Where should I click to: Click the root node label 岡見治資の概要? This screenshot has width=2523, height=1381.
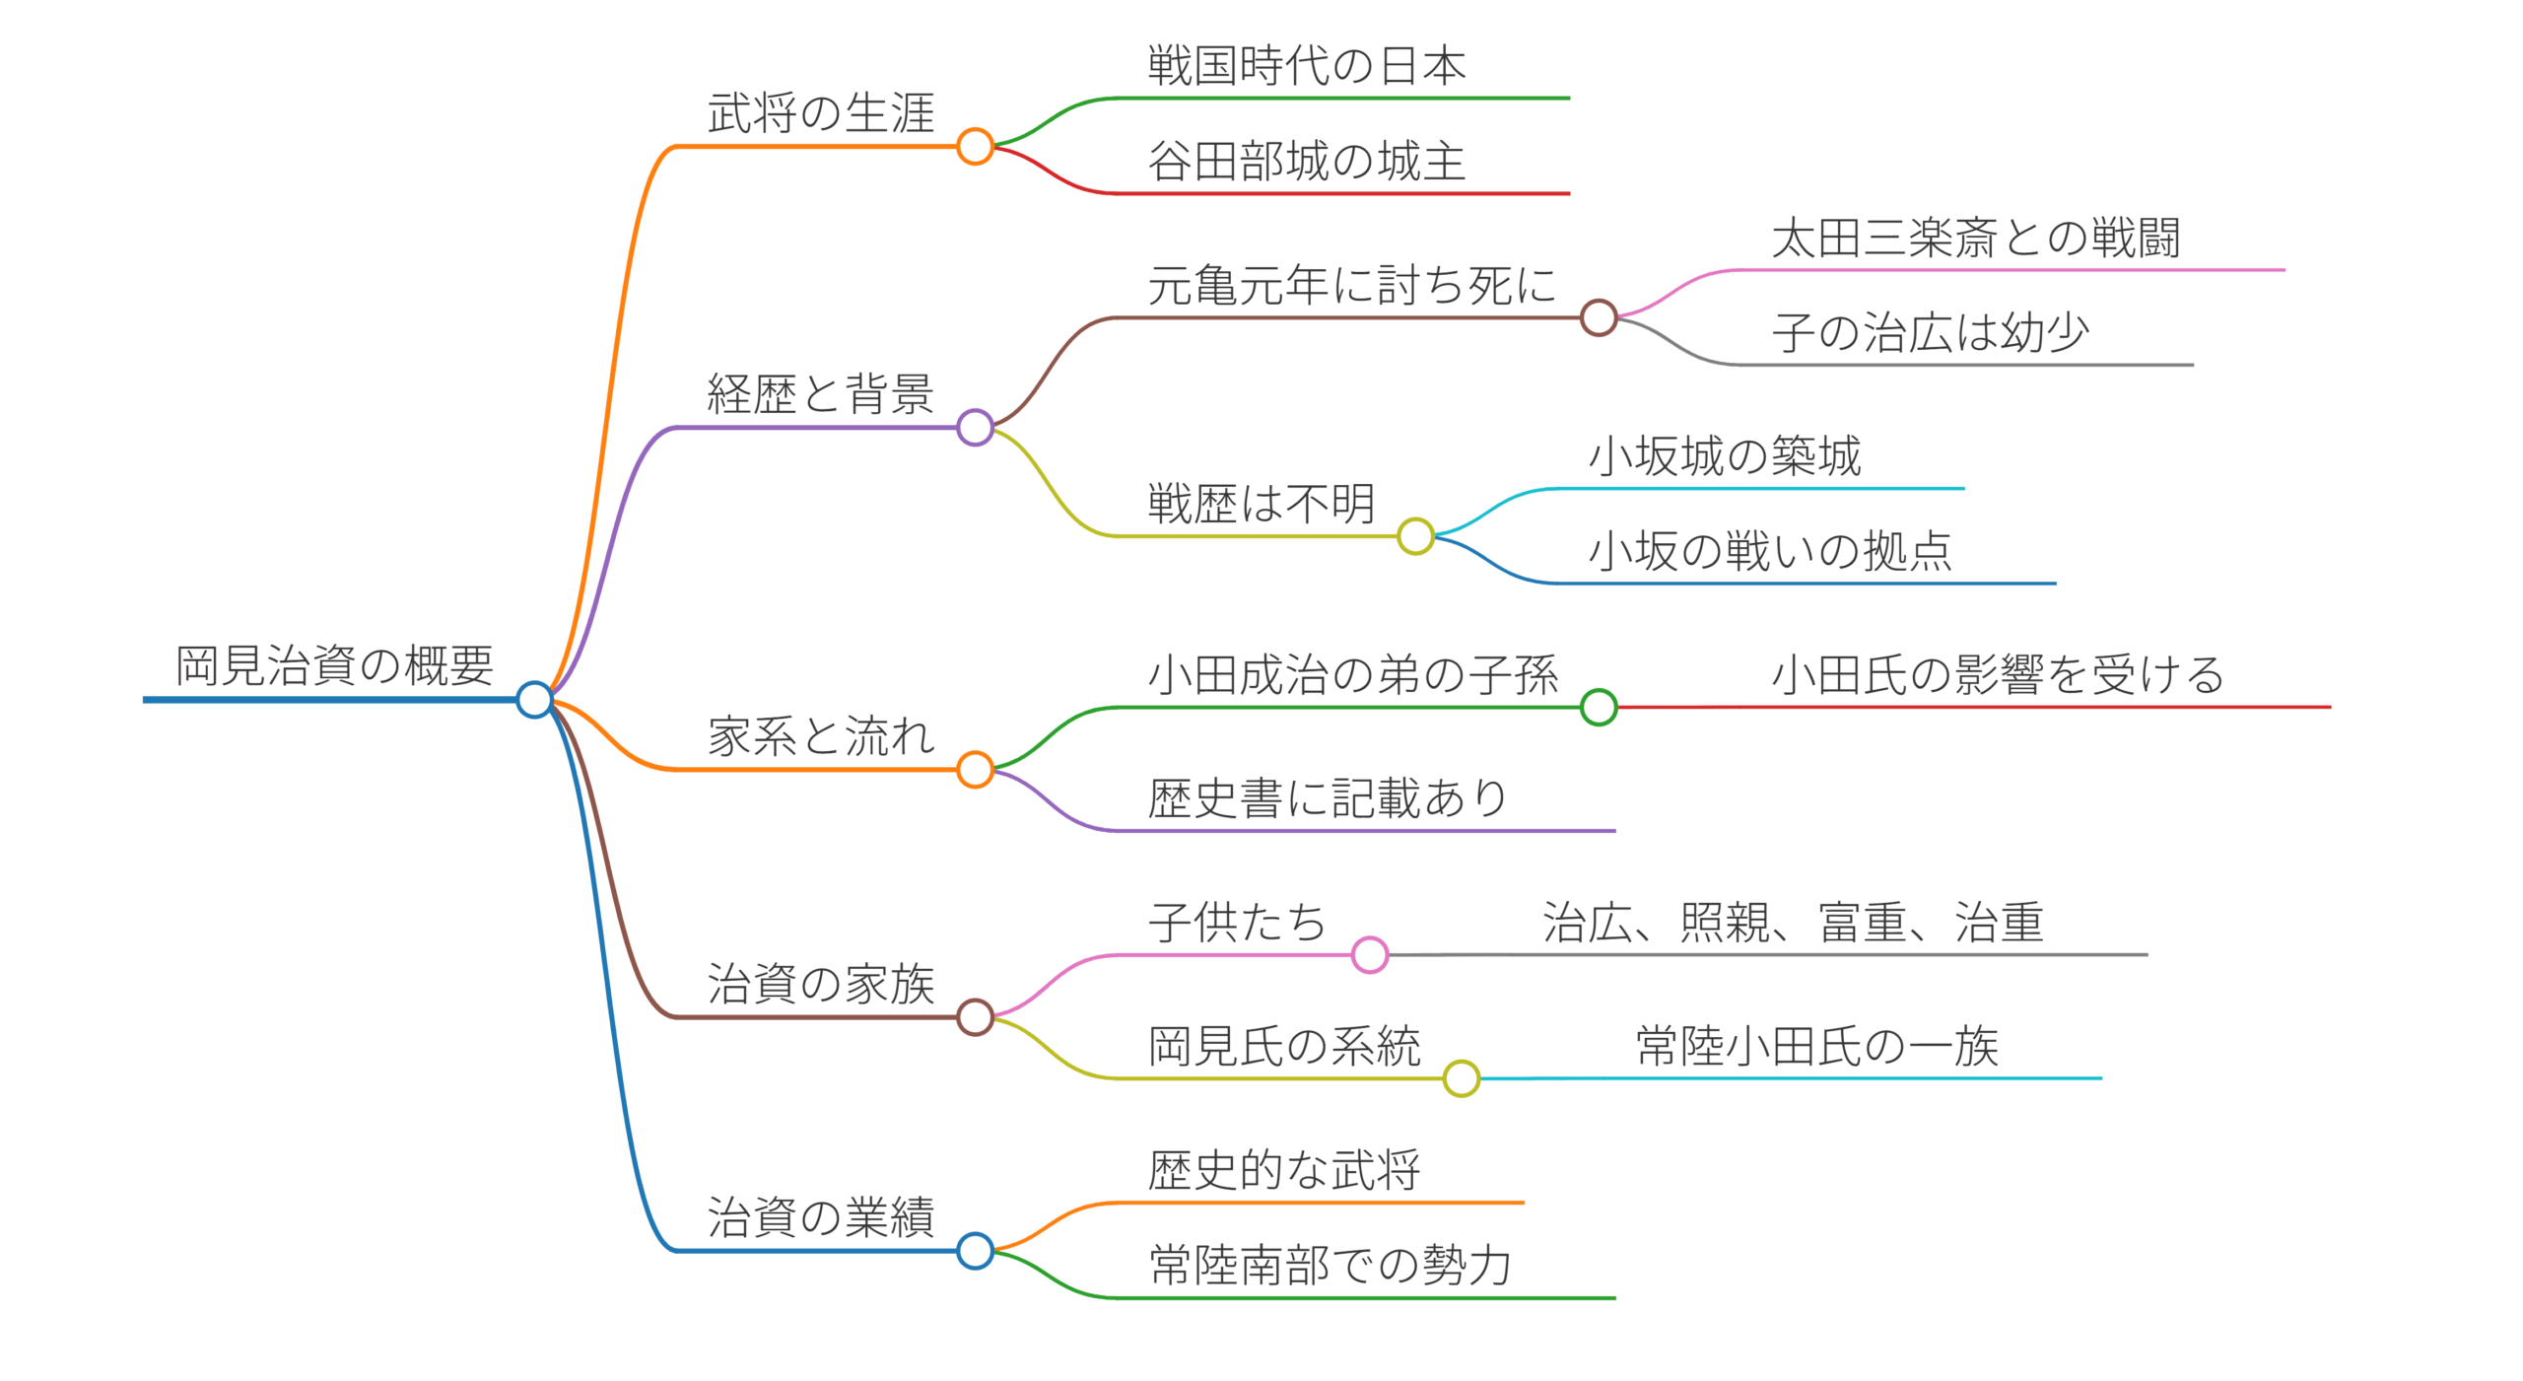[334, 665]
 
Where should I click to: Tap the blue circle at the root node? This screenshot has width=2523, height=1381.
[534, 700]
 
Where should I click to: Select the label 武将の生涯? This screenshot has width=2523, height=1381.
[820, 112]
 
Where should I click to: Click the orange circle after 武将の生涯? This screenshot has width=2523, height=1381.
[975, 146]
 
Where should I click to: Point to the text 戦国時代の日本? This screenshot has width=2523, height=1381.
[1307, 65]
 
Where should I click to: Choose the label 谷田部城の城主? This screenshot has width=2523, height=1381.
[1307, 161]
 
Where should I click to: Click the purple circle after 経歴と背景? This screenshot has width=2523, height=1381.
[975, 428]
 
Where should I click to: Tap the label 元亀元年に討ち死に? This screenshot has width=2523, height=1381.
[1351, 285]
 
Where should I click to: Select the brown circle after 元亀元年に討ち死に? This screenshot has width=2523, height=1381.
[1598, 317]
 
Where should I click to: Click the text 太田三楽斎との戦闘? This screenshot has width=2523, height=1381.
[1975, 238]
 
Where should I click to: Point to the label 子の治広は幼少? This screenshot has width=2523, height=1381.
[1930, 332]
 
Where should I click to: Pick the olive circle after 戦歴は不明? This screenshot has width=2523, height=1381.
[1415, 536]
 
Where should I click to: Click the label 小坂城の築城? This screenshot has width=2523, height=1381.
[1725, 455]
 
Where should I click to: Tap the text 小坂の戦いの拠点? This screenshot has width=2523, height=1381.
[1770, 550]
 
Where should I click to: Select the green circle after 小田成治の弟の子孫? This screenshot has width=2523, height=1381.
[1598, 707]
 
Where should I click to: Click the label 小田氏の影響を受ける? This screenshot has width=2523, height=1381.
[1998, 674]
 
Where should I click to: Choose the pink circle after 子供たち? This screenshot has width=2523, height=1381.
[1370, 954]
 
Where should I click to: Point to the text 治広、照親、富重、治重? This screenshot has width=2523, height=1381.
[1793, 923]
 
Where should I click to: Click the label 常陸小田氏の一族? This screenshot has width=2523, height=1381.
[1816, 1046]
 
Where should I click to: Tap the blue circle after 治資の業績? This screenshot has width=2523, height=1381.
[975, 1251]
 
